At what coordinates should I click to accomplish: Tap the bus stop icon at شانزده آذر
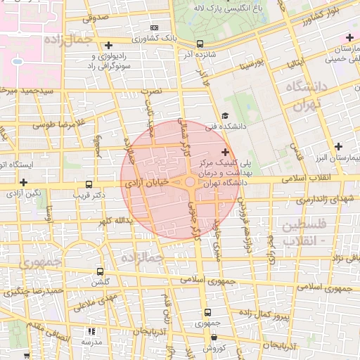coord(200,43)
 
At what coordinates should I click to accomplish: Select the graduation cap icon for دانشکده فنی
coord(224,116)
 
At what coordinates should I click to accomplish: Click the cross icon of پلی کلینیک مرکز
coord(225,152)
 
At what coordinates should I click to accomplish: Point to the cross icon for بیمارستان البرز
coord(339,146)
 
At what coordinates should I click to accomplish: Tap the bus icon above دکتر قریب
coord(88,181)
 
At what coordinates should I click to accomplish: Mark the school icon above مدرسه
coord(90,331)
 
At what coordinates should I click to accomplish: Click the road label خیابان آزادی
coord(147,181)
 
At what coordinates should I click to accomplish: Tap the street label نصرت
coord(151,92)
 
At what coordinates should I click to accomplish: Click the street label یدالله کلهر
coord(115,221)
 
